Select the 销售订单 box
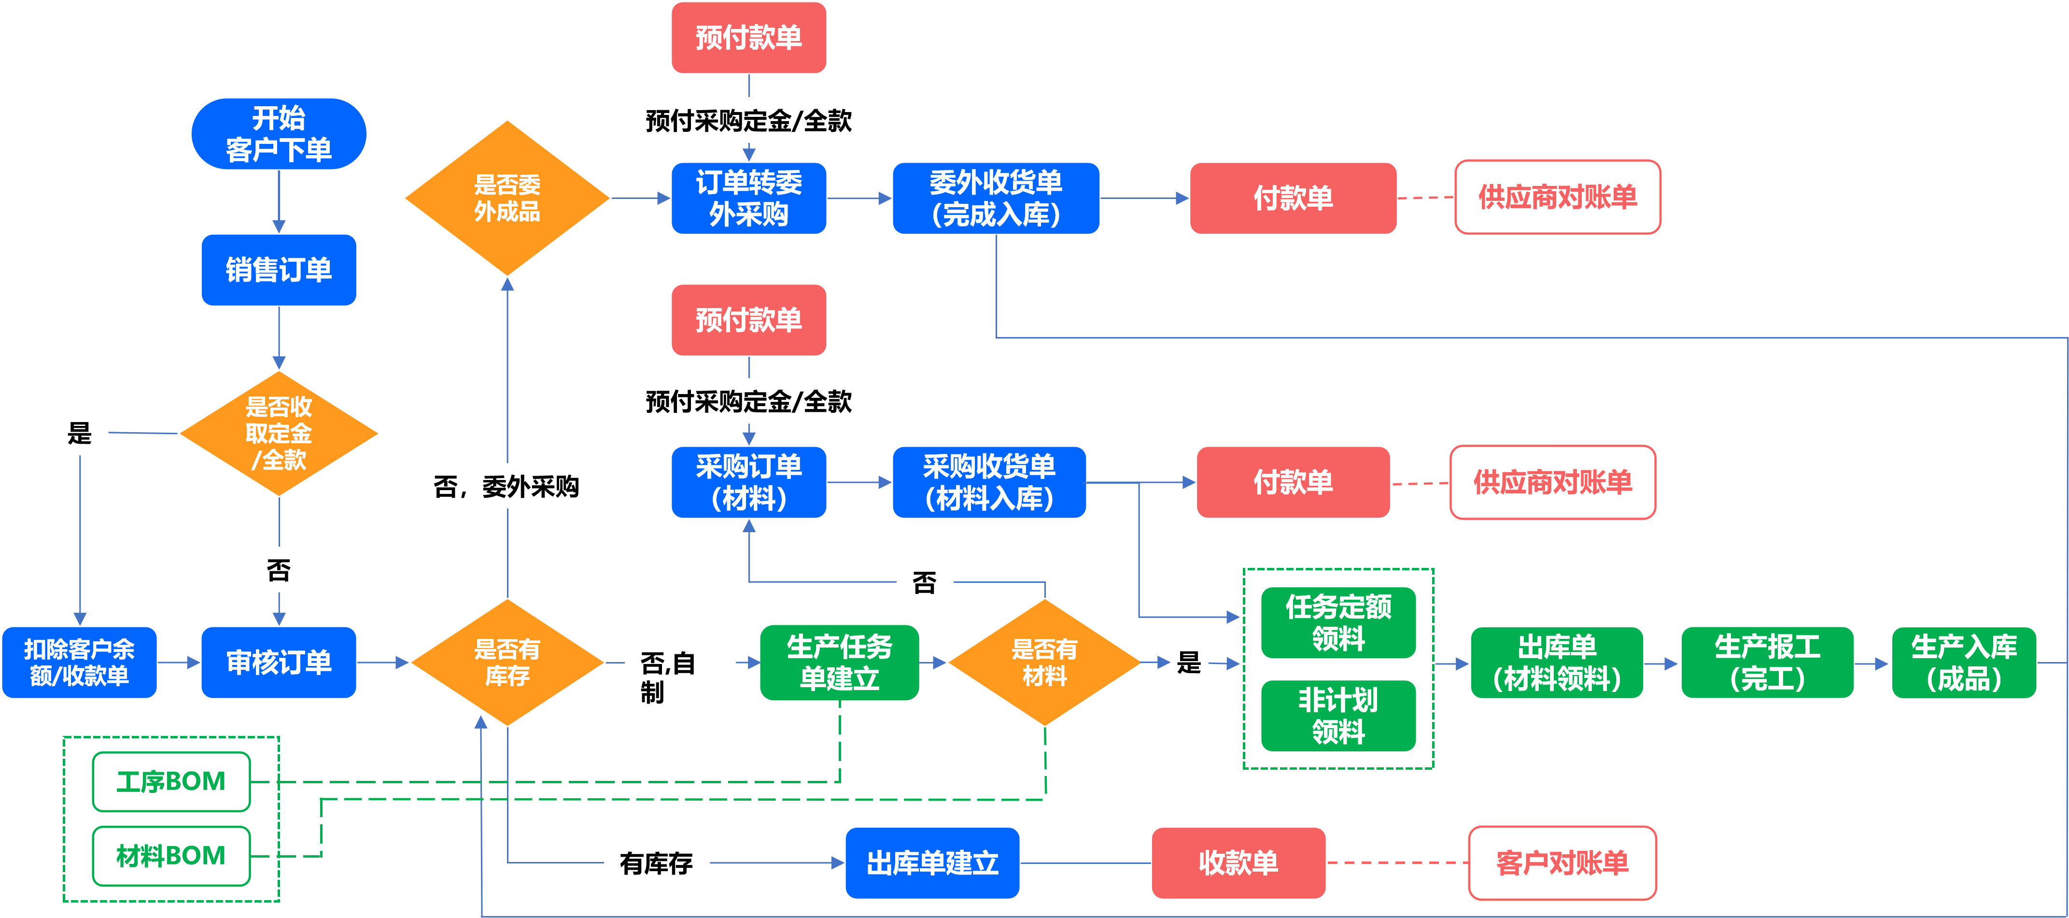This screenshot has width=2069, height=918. tap(279, 270)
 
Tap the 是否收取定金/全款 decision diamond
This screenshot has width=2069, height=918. tap(279, 434)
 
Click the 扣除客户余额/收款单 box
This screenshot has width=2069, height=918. tap(80, 663)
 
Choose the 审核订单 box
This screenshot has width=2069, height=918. tap(279, 663)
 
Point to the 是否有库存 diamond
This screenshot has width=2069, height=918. tap(507, 663)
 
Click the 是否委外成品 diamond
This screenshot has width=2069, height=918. tap(507, 198)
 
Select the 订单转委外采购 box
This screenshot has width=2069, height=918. tap(748, 198)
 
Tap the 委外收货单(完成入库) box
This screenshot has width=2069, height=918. tap(996, 198)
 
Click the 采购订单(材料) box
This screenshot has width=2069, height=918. tap(748, 482)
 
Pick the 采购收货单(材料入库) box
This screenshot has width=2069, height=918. tap(989, 482)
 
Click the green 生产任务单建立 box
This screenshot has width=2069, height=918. tap(839, 663)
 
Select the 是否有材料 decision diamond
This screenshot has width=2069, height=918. tap(1044, 663)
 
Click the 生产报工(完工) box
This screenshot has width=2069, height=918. tap(1767, 663)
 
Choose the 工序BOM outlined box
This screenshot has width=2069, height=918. tap(171, 781)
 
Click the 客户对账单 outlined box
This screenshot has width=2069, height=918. tap(1562, 862)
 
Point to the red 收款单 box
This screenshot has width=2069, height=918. tap(1239, 862)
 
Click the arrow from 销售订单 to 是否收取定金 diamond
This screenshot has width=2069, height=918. tap(279, 338)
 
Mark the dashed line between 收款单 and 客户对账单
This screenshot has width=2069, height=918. tap(1397, 862)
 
